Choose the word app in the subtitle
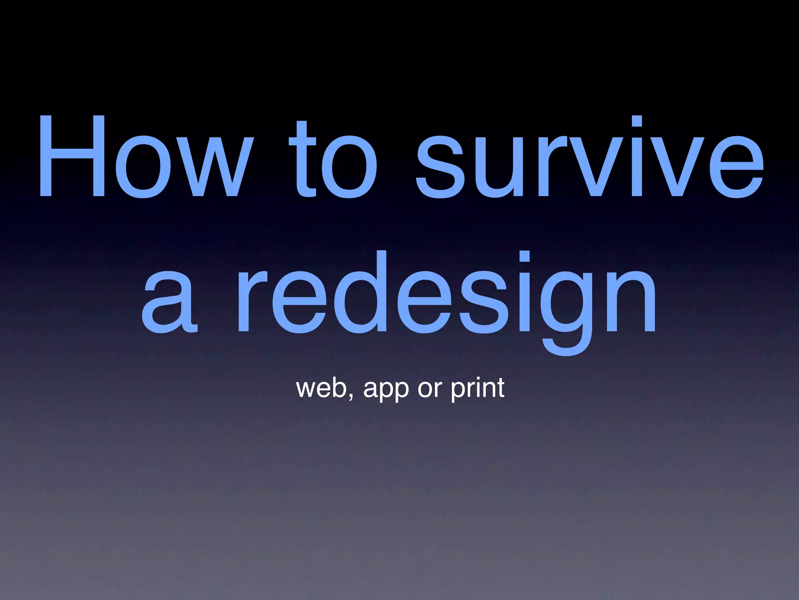coord(386,391)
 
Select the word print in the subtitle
coord(478,389)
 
